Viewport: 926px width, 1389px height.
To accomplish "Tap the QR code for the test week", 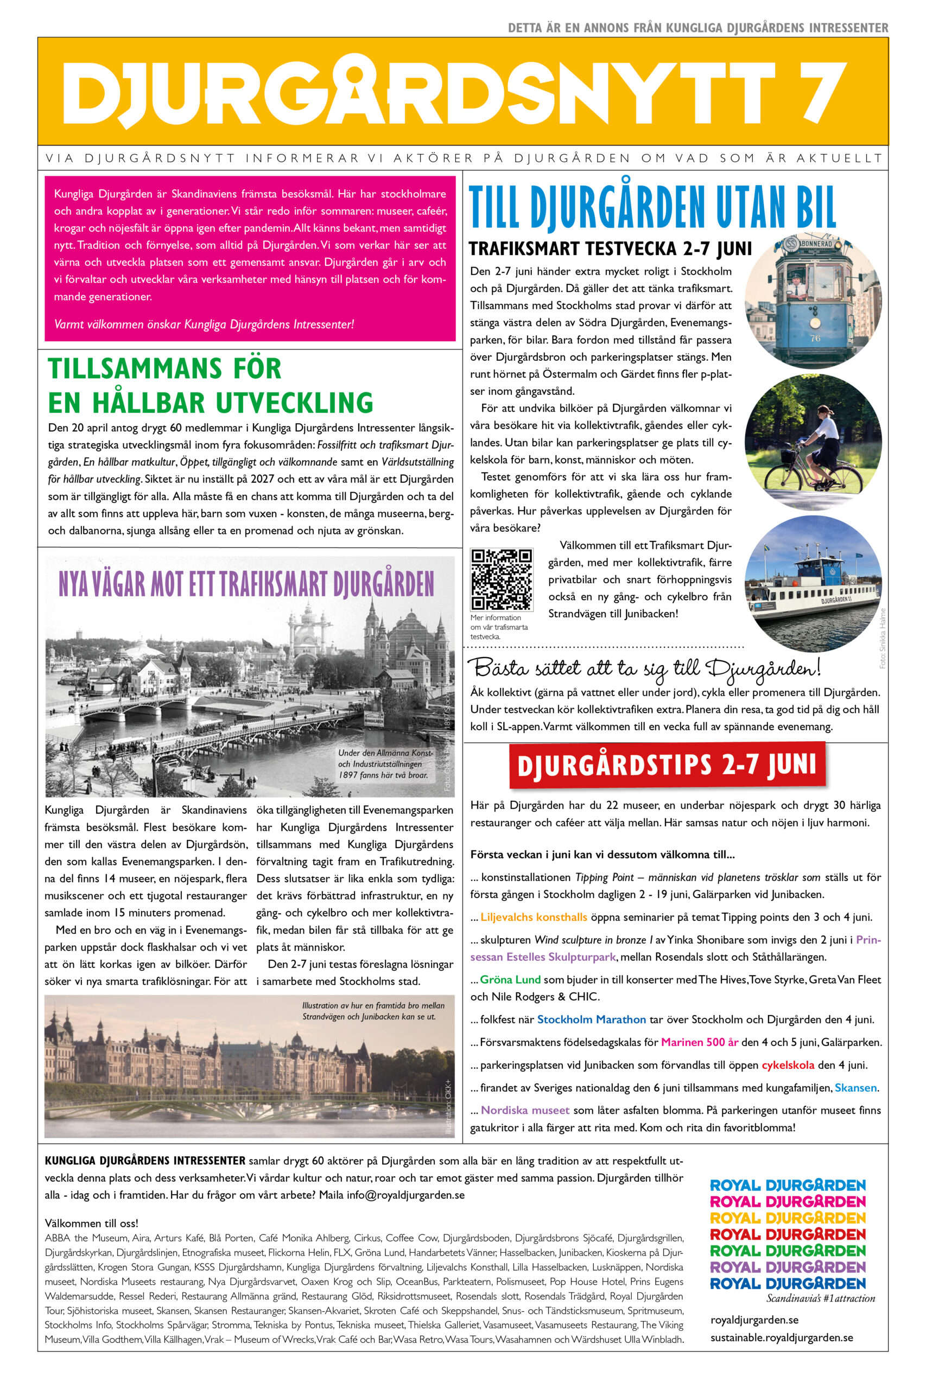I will point(502,579).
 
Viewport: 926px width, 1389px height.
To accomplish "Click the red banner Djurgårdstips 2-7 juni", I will point(667,765).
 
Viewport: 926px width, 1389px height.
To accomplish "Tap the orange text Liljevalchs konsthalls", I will point(533,917).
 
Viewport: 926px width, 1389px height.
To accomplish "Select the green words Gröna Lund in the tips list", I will point(510,979).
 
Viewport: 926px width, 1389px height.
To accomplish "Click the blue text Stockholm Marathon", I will point(591,1019).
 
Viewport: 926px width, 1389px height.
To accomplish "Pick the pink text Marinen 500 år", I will point(699,1042).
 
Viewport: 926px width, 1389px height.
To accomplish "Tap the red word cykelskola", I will point(787,1065).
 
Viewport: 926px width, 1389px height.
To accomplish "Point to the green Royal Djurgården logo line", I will point(787,1250).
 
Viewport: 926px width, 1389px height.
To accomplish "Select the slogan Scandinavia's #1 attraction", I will point(820,1298).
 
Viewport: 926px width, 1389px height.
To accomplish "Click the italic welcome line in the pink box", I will point(204,324).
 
